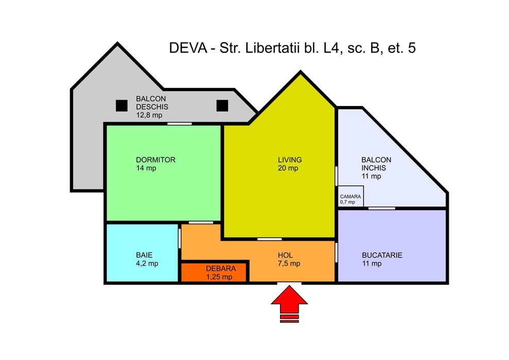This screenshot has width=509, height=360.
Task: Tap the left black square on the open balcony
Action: tap(121, 105)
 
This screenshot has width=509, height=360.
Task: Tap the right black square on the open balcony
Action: tap(222, 105)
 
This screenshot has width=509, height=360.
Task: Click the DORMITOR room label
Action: tap(156, 160)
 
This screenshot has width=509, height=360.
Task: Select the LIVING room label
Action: tap(290, 160)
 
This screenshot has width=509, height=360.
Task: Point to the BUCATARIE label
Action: tap(382, 255)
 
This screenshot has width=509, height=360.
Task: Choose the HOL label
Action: tap(285, 255)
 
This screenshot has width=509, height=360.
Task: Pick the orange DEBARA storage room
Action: tap(215, 273)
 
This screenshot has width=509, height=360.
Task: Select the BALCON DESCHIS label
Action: tap(152, 102)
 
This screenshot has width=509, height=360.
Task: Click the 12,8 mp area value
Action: tap(149, 115)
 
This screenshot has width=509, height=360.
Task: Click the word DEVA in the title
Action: tap(187, 48)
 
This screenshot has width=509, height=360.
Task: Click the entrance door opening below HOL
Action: tap(289, 283)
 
